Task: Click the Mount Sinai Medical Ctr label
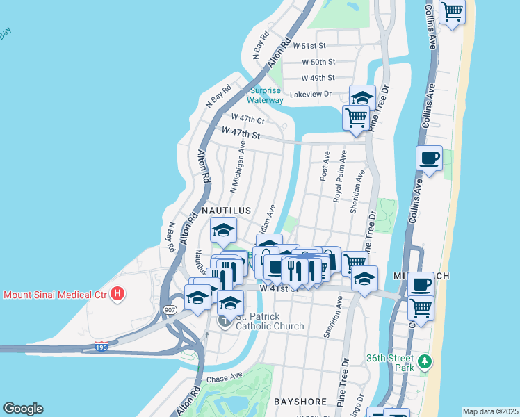point(56,295)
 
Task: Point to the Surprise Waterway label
point(266,95)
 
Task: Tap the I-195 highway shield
point(101,346)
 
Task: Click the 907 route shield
point(170,309)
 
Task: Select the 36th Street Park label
point(389,359)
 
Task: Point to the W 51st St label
point(309,46)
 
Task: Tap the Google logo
point(23,409)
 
